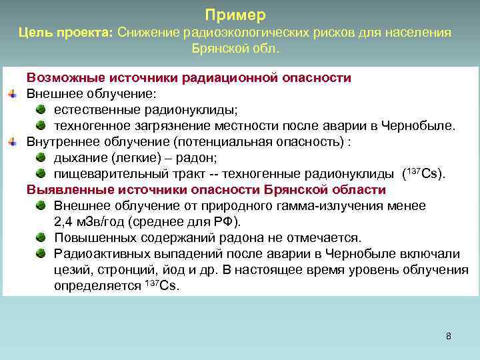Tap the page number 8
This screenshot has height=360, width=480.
[448, 336]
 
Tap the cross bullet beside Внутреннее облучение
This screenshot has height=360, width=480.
[12, 142]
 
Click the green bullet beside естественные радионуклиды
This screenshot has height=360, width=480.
[41, 109]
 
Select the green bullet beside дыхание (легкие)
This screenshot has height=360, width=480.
[41, 157]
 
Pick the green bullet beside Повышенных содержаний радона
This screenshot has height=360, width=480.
[41, 237]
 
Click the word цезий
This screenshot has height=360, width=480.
[71, 270]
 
